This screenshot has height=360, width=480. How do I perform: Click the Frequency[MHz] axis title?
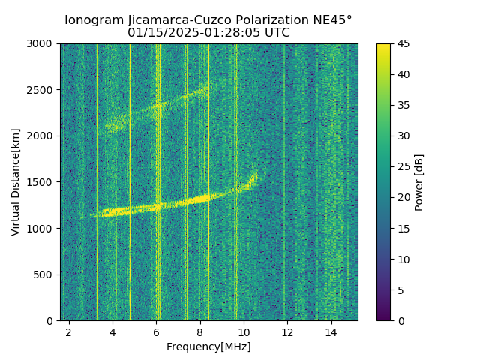(208, 346)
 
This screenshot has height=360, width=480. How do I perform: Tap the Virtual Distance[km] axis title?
(16, 181)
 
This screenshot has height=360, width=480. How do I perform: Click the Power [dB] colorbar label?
(419, 182)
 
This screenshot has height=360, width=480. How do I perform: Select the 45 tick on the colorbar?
(402, 43)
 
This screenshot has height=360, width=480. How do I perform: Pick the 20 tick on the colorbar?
(402, 197)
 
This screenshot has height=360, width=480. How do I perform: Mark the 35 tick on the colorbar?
(402, 105)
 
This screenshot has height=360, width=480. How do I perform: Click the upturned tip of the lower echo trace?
(256, 175)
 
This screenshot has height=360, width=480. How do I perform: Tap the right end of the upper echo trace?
(207, 86)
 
